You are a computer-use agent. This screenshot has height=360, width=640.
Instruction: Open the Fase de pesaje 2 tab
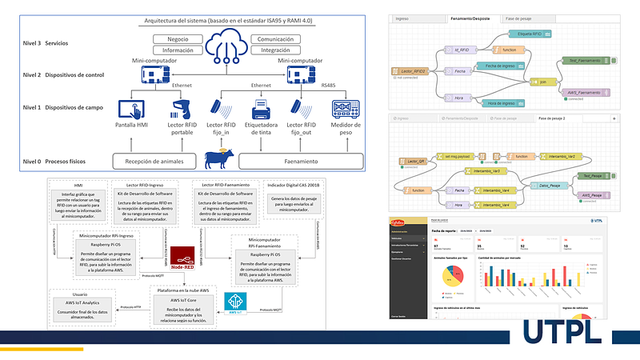[554, 118]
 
